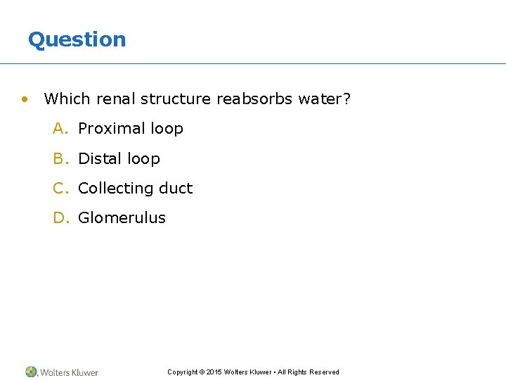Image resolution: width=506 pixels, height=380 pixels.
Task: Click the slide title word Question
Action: [77, 39]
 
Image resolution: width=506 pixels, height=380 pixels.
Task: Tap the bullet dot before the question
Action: [25, 99]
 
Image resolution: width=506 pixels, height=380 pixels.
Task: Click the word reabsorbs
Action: [254, 99]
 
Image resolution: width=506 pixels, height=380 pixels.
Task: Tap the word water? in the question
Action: [324, 99]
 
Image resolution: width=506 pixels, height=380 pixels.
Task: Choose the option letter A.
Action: [60, 129]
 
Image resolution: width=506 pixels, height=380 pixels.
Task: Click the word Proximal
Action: [107, 129]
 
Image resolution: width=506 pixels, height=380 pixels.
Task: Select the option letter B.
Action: [60, 159]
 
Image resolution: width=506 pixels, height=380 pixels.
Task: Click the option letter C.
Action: [60, 189]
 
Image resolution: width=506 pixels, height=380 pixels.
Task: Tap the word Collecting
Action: [116, 189]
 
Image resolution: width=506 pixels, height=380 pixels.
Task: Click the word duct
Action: [176, 189]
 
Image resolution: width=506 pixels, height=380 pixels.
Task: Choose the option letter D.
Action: [60, 218]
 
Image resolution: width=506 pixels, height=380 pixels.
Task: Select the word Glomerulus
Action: [122, 218]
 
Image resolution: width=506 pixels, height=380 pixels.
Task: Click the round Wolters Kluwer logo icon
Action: [31, 372]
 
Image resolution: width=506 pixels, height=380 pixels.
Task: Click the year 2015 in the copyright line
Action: [214, 372]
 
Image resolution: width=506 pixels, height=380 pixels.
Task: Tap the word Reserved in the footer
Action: [324, 372]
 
